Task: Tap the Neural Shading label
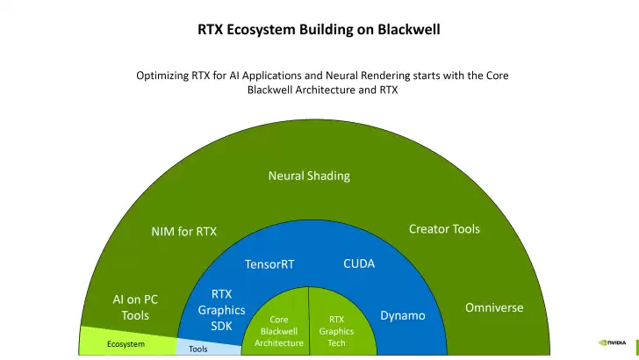click(309, 176)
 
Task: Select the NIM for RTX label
click(183, 232)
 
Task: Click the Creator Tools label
click(444, 229)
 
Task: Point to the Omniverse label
click(494, 307)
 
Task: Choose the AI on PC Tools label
click(135, 307)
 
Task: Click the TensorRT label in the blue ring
click(269, 264)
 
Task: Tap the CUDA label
click(359, 263)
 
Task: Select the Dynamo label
click(403, 315)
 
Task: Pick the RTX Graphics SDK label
click(221, 310)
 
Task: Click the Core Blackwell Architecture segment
click(278, 331)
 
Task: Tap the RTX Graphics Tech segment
click(336, 331)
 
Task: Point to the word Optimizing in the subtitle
click(164, 76)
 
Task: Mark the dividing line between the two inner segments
click(309, 320)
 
